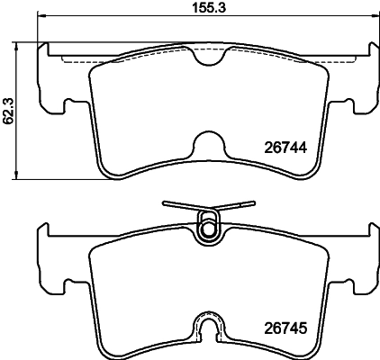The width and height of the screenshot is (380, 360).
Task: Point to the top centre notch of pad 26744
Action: (x=208, y=57)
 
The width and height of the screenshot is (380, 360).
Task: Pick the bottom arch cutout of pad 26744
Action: (x=208, y=144)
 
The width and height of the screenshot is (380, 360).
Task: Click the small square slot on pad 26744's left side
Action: (x=70, y=109)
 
